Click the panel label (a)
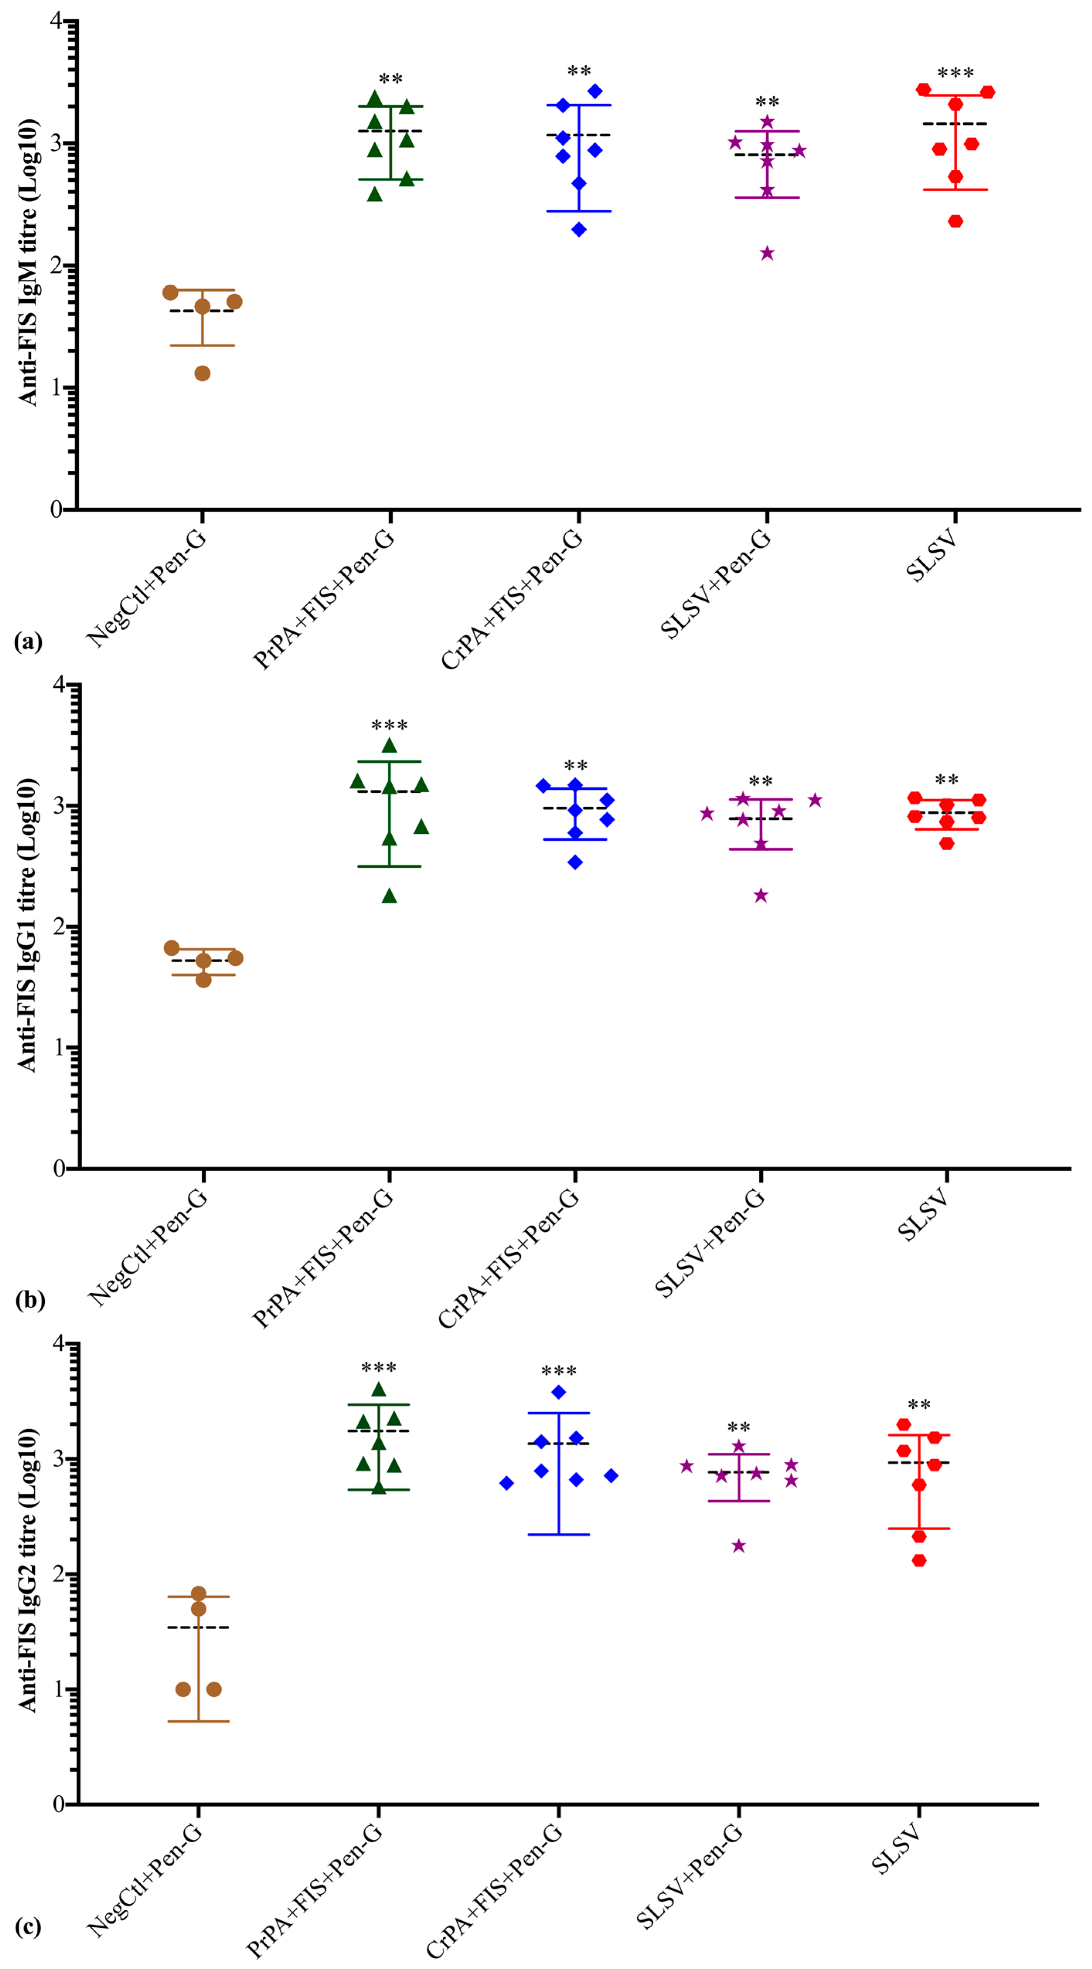28,641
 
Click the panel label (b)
30,1299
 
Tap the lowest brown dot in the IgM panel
202,373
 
